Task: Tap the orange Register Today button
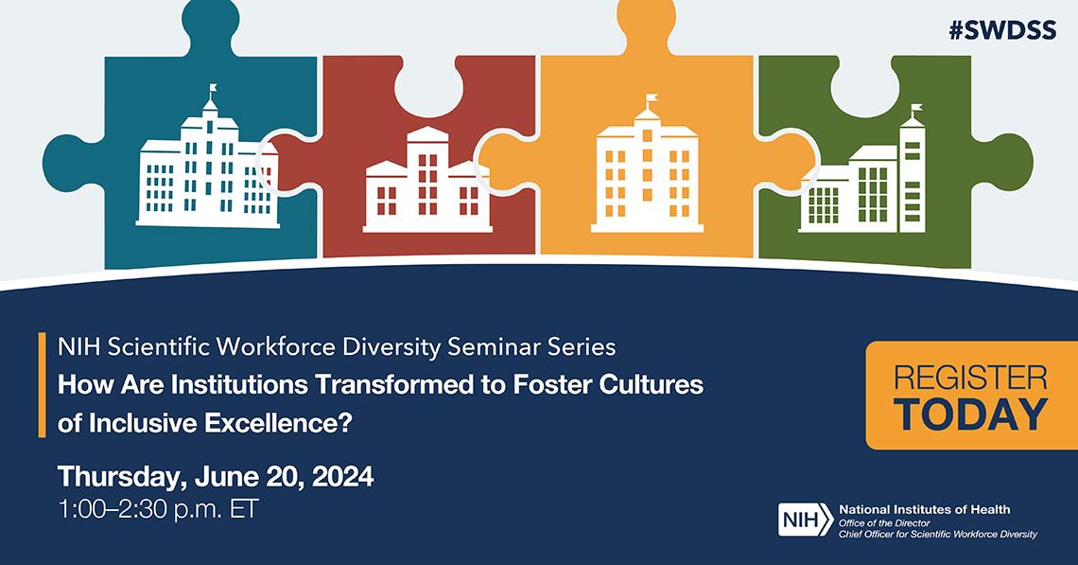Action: (970, 395)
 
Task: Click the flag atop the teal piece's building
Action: (213, 89)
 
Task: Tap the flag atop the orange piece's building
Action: (650, 97)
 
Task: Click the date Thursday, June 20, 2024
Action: (216, 476)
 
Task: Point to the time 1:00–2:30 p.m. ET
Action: (157, 508)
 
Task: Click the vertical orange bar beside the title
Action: (43, 385)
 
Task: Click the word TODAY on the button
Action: (970, 414)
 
